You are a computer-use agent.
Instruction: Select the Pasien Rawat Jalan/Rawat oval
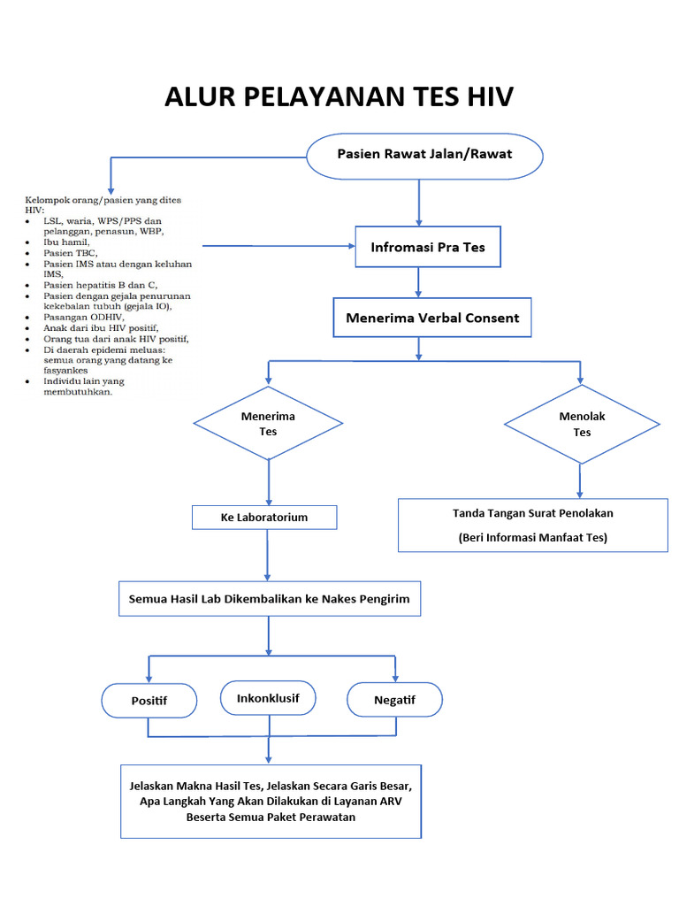424,155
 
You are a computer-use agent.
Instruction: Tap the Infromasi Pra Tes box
428,248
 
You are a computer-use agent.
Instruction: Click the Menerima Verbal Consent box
432,318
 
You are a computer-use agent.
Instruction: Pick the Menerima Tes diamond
268,424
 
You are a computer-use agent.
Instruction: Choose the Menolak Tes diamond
581,424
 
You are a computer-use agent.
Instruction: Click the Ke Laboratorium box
263,518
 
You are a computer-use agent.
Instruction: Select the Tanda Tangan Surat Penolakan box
532,525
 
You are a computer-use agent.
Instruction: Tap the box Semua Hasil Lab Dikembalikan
270,599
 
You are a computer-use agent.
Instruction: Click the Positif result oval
149,701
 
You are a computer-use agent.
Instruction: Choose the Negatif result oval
394,700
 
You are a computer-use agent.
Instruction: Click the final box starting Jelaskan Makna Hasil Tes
271,801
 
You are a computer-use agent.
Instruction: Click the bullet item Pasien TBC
71,252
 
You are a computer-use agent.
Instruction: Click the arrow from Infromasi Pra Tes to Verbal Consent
419,282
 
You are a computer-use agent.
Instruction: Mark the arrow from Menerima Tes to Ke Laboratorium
268,483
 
